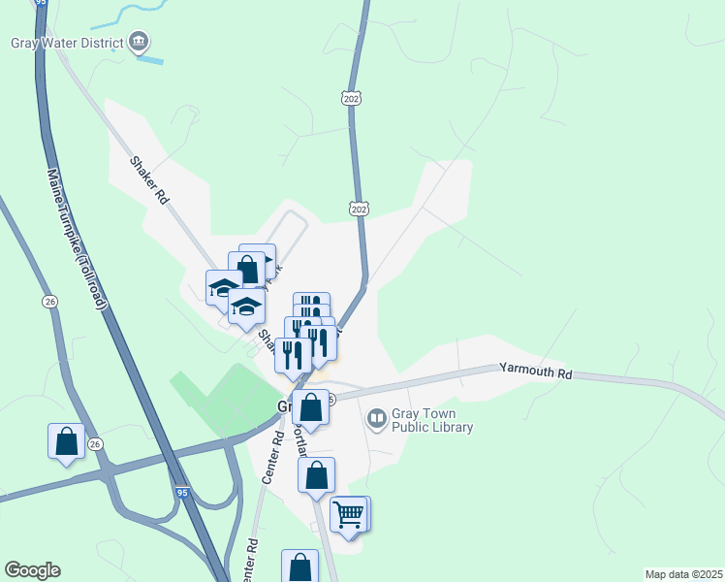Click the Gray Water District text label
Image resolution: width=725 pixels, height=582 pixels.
click(67, 43)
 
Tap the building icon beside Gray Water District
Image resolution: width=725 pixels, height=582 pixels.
click(140, 42)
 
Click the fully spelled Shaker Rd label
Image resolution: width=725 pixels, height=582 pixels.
click(149, 179)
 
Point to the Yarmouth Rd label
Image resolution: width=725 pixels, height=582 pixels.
click(536, 371)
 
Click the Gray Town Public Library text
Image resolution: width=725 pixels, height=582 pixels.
click(432, 421)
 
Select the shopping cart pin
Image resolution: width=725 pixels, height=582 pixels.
click(348, 513)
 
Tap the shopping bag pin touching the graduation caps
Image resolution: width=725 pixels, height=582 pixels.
click(247, 268)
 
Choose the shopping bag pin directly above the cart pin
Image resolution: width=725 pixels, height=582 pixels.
click(316, 475)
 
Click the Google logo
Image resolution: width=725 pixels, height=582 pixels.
click(32, 570)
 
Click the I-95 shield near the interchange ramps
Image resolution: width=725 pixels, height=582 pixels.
click(182, 493)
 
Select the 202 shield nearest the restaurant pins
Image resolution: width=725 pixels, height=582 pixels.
click(358, 209)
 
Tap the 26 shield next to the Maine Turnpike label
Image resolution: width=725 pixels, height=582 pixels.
click(48, 303)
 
